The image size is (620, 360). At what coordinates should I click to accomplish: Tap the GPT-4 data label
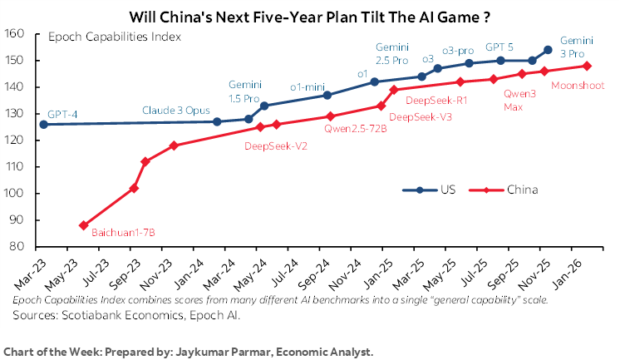pyautogui.click(x=64, y=114)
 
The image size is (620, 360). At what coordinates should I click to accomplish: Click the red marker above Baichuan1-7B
pyautogui.click(x=84, y=225)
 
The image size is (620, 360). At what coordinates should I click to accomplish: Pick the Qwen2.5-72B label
pyautogui.click(x=355, y=129)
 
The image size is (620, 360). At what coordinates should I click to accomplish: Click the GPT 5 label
pyautogui.click(x=500, y=47)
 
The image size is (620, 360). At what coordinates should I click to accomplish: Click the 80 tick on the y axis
pyautogui.click(x=26, y=247)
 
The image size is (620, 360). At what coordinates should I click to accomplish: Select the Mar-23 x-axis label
pyautogui.click(x=30, y=273)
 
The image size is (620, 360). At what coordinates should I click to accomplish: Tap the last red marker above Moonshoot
pyautogui.click(x=587, y=66)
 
